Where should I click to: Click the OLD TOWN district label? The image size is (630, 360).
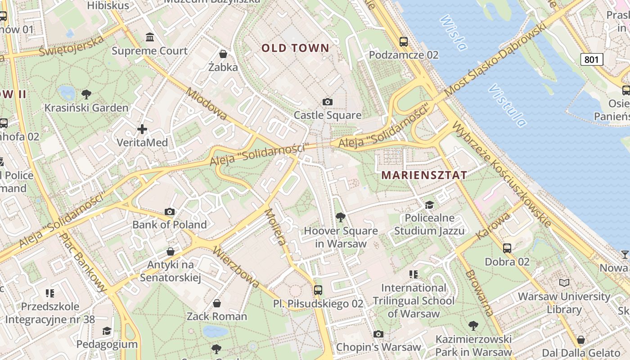tap(295, 48)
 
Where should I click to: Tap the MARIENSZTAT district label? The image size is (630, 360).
tap(424, 175)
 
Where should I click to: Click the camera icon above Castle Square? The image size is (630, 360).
tap(328, 102)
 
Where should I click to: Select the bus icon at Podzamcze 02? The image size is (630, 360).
tap(404, 42)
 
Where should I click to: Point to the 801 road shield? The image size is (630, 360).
tap(591, 59)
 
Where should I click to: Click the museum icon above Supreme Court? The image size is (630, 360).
tap(150, 37)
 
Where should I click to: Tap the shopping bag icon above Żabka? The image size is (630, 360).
tap(223, 54)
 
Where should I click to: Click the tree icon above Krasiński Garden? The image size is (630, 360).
tap(86, 94)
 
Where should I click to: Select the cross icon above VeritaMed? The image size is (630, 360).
tap(142, 130)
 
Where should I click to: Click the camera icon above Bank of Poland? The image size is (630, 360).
tap(170, 211)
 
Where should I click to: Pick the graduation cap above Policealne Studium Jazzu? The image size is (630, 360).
tap(429, 205)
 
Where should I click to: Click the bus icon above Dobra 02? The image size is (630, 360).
tap(507, 248)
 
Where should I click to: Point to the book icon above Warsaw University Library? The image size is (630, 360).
tap(564, 283)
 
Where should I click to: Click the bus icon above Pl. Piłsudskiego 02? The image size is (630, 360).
tap(318, 290)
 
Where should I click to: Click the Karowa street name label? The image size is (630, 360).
tap(493, 226)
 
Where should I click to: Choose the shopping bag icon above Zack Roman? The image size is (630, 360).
tap(217, 303)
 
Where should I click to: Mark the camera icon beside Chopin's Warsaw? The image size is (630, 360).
tap(378, 334)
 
